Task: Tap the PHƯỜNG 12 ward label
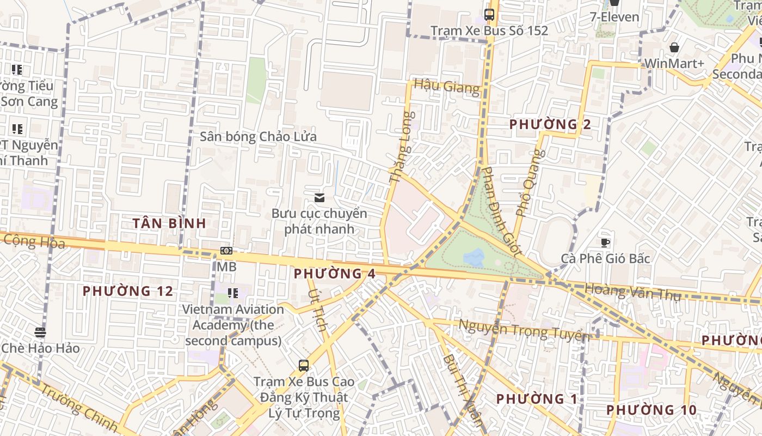click(128, 291)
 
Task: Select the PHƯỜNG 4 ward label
click(334, 274)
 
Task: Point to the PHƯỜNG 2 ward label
click(550, 124)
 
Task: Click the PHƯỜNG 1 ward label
click(536, 399)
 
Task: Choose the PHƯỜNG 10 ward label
click(651, 410)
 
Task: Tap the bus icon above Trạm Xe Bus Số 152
click(489, 15)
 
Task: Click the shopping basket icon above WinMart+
click(674, 48)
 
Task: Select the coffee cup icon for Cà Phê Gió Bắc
click(605, 243)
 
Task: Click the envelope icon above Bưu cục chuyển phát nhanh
click(319, 198)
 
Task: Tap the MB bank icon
click(226, 251)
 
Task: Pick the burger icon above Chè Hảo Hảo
click(40, 332)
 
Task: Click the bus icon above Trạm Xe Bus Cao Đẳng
click(303, 366)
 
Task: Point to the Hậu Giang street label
click(446, 86)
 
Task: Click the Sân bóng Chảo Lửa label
click(258, 136)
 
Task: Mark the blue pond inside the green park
click(475, 257)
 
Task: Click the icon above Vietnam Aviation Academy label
click(233, 293)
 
